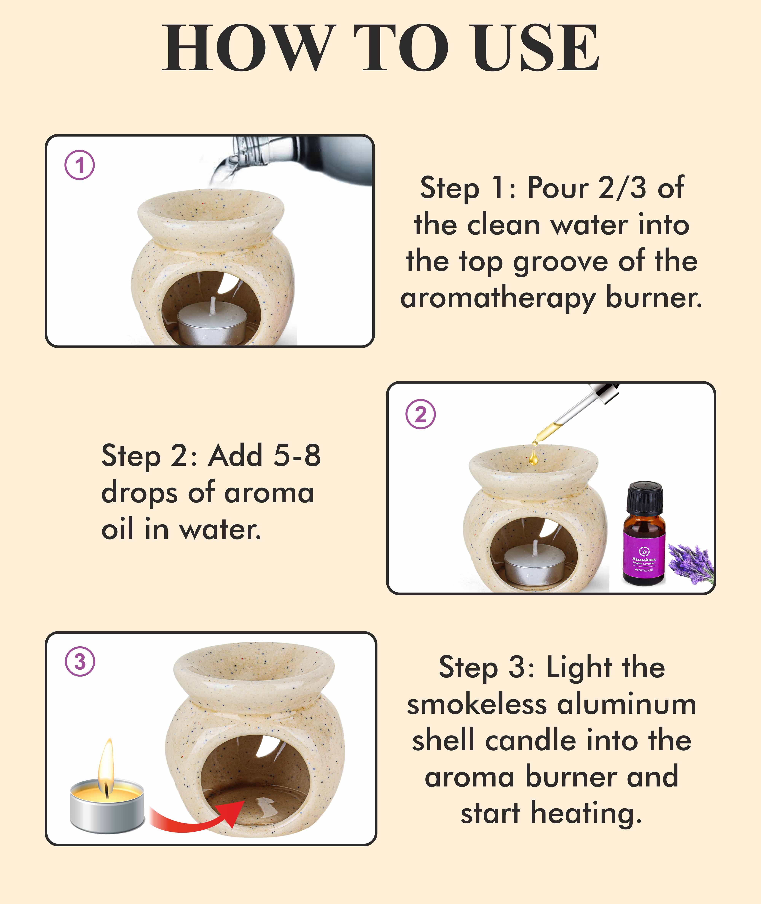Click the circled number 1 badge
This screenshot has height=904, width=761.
pos(80,165)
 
